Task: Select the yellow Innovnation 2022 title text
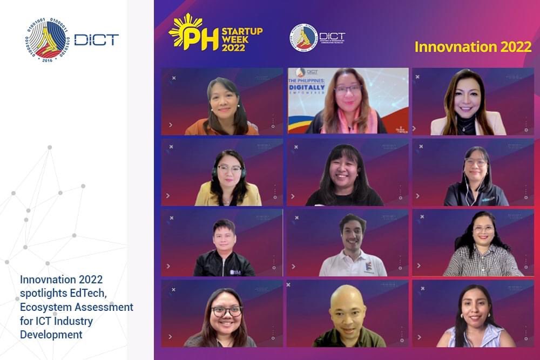[x=473, y=47]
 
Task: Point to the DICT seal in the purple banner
[x=303, y=37]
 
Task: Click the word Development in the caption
[x=51, y=335]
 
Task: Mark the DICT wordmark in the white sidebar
[x=96, y=39]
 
